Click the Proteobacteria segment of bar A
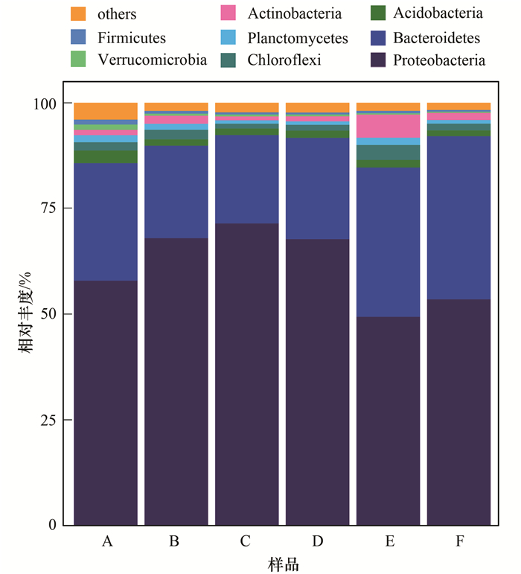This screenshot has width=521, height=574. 106,402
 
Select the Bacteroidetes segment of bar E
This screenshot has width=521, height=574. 389,242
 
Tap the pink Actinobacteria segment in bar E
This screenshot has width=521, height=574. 389,126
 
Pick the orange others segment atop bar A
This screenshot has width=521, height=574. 106,111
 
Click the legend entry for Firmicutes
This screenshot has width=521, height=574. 131,37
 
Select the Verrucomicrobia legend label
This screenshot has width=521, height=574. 152,60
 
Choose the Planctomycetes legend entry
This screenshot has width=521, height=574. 297,37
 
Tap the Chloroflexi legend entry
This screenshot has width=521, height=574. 284,60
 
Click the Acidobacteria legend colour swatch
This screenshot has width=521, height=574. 378,13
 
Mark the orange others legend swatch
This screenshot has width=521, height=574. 79,14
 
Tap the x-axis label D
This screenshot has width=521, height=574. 318,541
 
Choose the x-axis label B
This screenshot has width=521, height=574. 176,541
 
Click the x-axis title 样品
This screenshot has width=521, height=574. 283,564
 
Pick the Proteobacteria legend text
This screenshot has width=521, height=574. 439,60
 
